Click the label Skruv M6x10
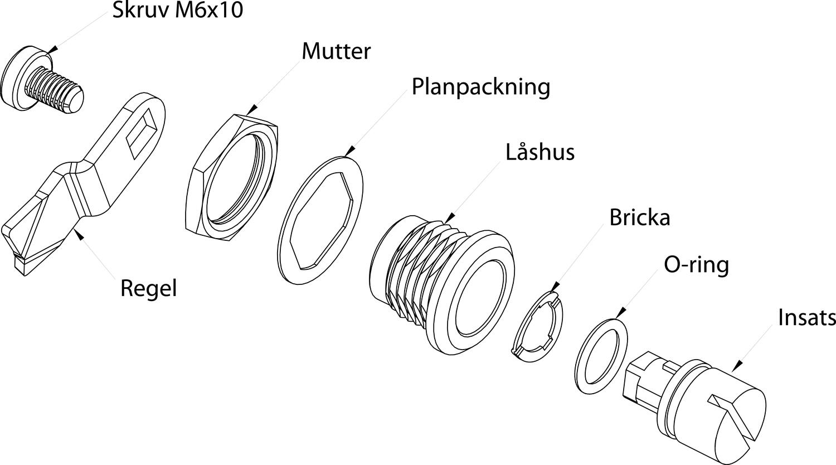pos(178,10)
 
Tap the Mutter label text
pos(336,51)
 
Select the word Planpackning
pos(480,87)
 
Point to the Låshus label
pos(539,152)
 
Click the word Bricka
pos(639,217)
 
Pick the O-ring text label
pos(696,264)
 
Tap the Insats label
pos(806,317)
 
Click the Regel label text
pos(148,288)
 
